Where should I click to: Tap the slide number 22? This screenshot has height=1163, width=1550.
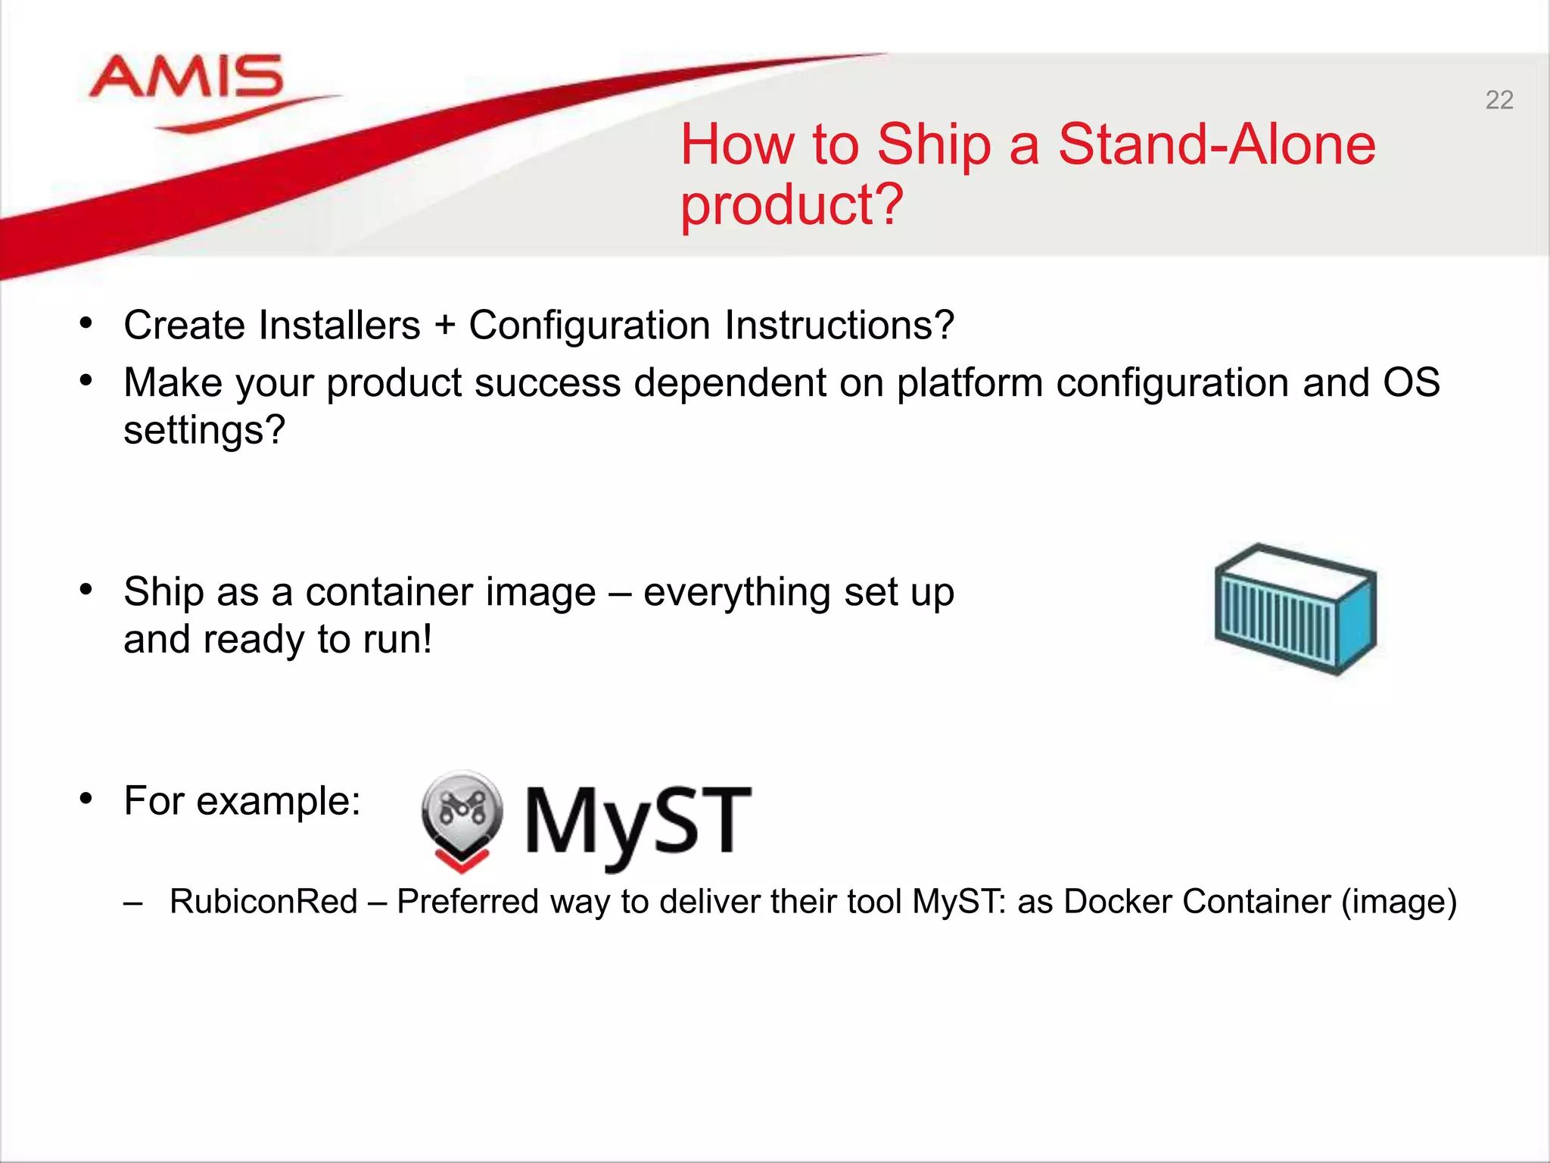click(x=1499, y=100)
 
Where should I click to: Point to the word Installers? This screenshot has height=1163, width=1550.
click(x=339, y=326)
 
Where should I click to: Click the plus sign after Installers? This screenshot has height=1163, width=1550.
click(x=445, y=326)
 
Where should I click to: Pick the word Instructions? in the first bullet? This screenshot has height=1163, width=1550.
click(x=839, y=326)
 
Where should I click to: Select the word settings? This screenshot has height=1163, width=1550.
click(x=204, y=431)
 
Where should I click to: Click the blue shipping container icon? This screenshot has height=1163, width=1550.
click(x=1295, y=610)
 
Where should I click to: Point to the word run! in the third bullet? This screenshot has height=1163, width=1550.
click(x=397, y=640)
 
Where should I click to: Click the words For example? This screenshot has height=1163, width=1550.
click(x=242, y=801)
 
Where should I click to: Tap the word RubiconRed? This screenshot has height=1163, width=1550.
click(x=263, y=902)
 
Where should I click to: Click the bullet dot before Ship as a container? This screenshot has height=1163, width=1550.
click(x=86, y=589)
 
